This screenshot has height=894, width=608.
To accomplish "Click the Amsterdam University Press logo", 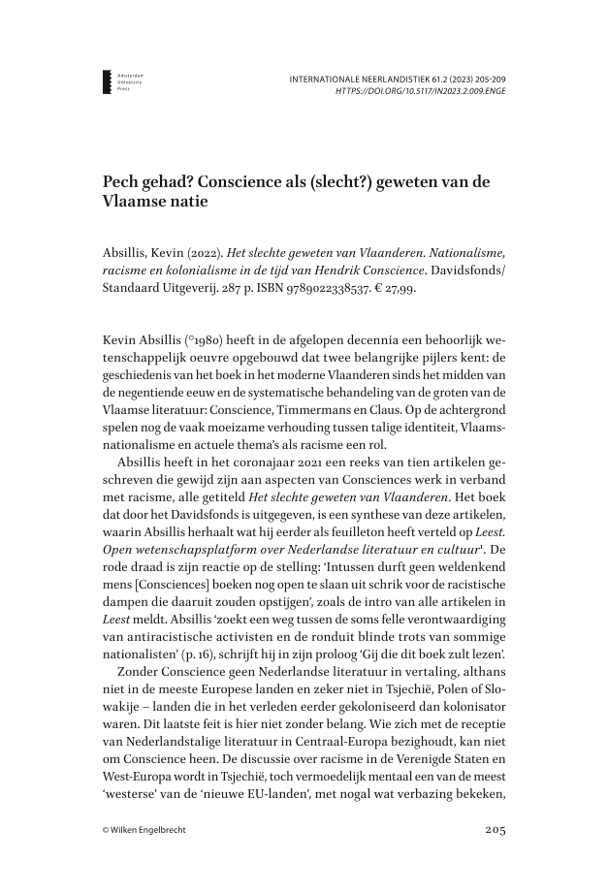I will tap(108, 80).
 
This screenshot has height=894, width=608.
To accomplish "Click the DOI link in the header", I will tap(421, 90).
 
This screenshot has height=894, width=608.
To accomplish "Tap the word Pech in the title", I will tap(121, 186).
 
